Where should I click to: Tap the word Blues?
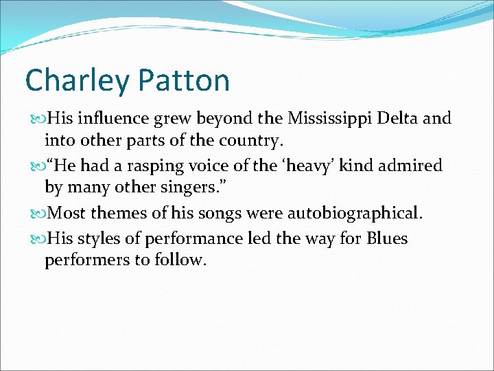click(388, 238)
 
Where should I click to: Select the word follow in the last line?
click(181, 261)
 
